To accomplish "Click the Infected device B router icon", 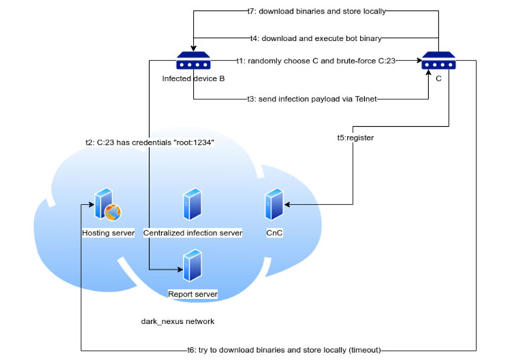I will (192, 61).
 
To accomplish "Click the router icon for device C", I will (438, 61).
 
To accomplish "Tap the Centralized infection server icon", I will (192, 204).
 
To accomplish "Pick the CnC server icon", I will (274, 205).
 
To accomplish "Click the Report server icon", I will (192, 266).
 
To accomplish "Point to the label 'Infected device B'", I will (192, 78).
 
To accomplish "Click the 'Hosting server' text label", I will (108, 233).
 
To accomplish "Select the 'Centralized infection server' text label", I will (192, 233).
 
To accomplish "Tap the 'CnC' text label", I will (274, 233).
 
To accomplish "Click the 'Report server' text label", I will (192, 294).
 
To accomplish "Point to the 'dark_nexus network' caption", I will (178, 321).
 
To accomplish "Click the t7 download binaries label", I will (311, 12).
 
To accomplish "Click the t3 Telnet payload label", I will (311, 99).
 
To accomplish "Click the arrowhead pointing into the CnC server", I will (287, 205).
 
